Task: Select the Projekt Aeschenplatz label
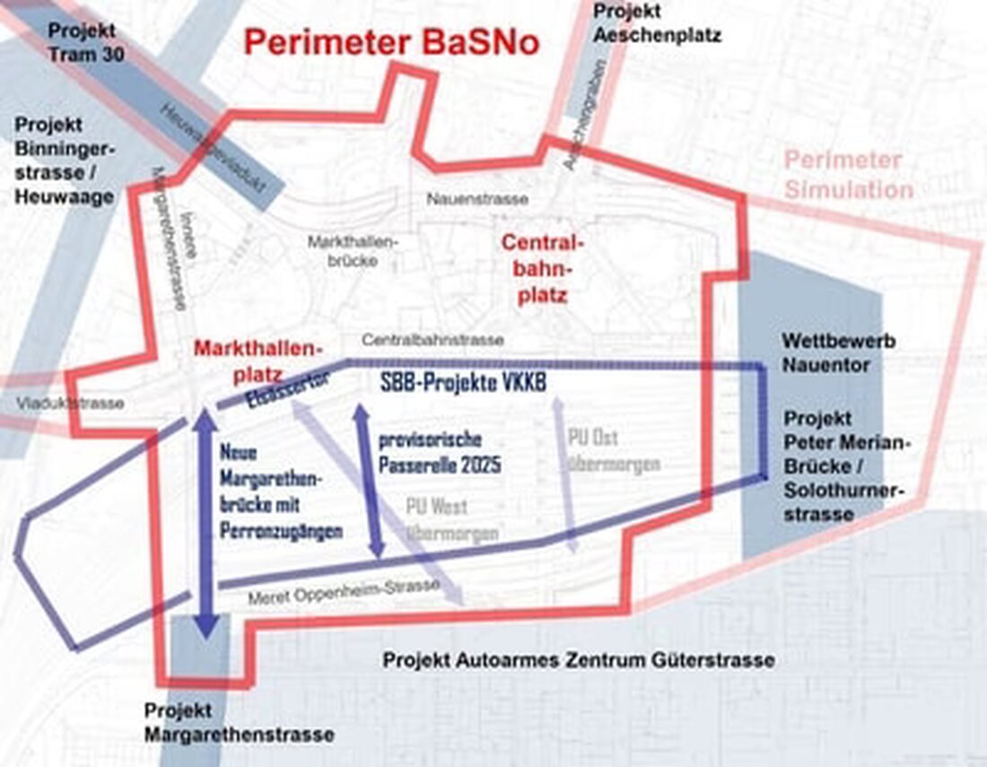click(x=658, y=24)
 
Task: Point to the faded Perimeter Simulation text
click(x=848, y=175)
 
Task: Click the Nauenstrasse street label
click(x=477, y=198)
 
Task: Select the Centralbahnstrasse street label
click(x=432, y=340)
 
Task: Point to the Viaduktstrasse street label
click(x=69, y=404)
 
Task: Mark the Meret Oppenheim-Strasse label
click(x=345, y=589)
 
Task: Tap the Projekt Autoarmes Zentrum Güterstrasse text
click(x=579, y=661)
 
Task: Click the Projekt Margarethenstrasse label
click(x=238, y=723)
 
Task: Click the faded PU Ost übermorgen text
click(x=614, y=450)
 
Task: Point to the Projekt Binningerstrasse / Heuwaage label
click(x=65, y=160)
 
